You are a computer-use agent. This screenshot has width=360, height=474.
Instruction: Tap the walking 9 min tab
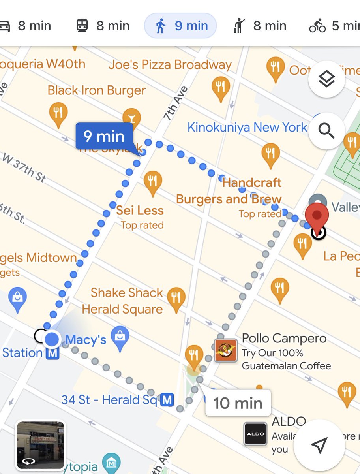point(180,26)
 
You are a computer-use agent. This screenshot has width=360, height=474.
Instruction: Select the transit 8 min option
point(103,26)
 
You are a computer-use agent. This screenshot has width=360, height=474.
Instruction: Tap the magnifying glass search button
point(326,130)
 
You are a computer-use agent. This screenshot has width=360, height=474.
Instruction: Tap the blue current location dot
point(52,339)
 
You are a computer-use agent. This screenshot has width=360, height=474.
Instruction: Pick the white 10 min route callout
point(238,403)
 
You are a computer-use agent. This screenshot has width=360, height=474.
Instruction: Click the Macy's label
point(86,339)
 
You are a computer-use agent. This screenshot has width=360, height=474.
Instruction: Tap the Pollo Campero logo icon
point(226,350)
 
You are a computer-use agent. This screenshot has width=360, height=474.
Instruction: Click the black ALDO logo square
point(255,434)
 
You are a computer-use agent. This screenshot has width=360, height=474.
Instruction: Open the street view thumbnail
point(40,445)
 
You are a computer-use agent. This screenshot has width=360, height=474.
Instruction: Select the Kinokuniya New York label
point(247,127)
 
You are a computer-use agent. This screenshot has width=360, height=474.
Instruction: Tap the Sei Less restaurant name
point(140,210)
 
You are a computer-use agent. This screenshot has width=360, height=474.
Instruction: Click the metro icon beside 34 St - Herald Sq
point(167,400)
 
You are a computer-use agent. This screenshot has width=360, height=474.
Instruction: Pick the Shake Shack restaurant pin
point(176,299)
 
